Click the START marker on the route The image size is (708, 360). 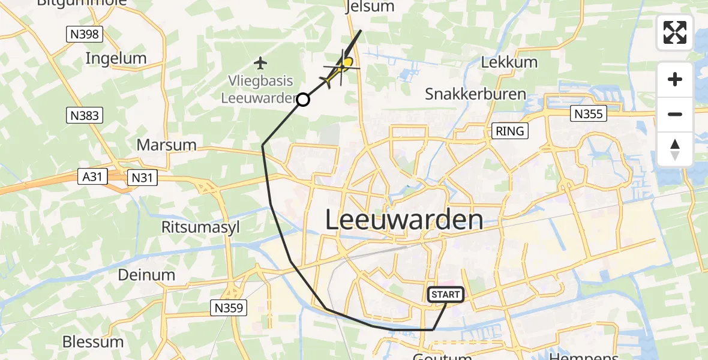click(x=446, y=294)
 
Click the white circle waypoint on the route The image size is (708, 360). click(x=304, y=100)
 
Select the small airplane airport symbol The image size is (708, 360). click(x=260, y=62)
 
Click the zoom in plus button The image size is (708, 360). click(x=675, y=79)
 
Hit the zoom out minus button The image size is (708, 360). click(x=675, y=114)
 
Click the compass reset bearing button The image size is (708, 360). click(x=675, y=149)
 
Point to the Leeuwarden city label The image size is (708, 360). click(x=404, y=220)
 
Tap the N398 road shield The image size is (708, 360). click(x=85, y=34)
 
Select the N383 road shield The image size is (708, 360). click(x=85, y=115)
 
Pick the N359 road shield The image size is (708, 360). click(x=229, y=308)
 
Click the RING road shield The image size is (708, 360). click(x=509, y=130)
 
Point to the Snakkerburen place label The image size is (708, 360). click(x=475, y=94)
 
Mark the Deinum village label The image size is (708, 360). click(x=147, y=275)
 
